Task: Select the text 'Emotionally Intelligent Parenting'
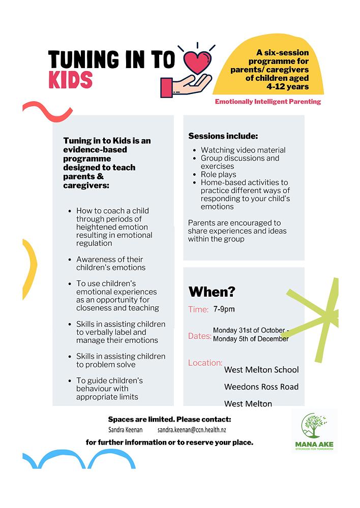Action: tap(267, 102)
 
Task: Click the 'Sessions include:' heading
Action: tap(223, 136)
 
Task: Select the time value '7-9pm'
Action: tap(224, 309)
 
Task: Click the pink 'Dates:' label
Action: tap(200, 336)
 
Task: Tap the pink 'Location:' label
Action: tap(205, 363)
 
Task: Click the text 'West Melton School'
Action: tap(261, 369)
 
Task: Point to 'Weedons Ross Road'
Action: tap(261, 387)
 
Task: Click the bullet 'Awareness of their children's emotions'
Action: tap(111, 263)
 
